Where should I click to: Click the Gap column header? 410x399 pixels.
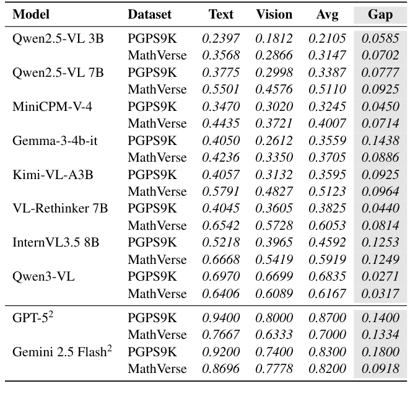click(380, 14)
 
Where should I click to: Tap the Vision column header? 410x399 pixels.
click(274, 14)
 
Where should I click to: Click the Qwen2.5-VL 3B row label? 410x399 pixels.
click(58, 39)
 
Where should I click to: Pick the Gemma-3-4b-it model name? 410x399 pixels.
click(55, 141)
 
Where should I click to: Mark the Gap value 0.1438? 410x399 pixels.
click(380, 141)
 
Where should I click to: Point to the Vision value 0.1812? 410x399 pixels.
click(274, 39)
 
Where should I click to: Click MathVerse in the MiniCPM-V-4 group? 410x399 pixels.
click(157, 124)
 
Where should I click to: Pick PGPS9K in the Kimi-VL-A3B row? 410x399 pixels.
click(152, 175)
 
